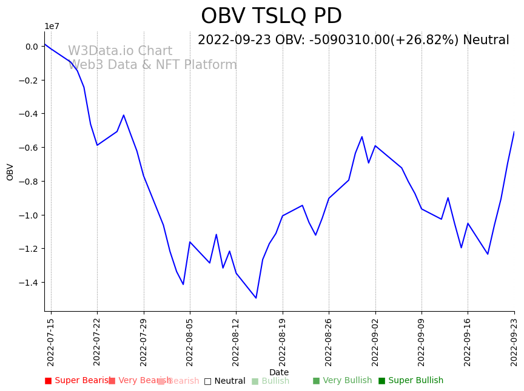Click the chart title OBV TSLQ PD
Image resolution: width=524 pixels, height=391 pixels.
pyautogui.click(x=271, y=16)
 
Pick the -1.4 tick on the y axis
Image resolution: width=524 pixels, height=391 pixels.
pyautogui.click(x=28, y=283)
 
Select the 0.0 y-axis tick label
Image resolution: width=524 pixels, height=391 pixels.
pyautogui.click(x=32, y=47)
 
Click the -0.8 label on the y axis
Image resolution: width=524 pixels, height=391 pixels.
pyautogui.click(x=28, y=182)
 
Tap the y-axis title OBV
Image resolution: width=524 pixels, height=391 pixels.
pyautogui.click(x=10, y=172)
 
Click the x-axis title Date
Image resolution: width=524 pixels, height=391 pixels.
pyautogui.click(x=279, y=372)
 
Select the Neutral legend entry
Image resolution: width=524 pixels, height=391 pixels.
pyautogui.click(x=225, y=381)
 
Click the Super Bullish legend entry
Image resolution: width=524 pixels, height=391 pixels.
pyautogui.click(x=411, y=381)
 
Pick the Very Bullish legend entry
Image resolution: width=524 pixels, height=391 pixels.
pyautogui.click(x=343, y=381)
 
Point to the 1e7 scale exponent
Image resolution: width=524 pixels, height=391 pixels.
pyautogui.click(x=52, y=26)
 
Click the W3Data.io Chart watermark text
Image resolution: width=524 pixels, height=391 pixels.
pyautogui.click(x=120, y=51)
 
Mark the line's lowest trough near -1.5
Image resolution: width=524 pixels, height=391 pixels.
pyautogui.click(x=256, y=298)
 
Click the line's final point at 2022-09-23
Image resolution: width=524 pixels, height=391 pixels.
pyautogui.click(x=514, y=132)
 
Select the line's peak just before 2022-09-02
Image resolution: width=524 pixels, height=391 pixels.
pyautogui.click(x=362, y=137)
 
